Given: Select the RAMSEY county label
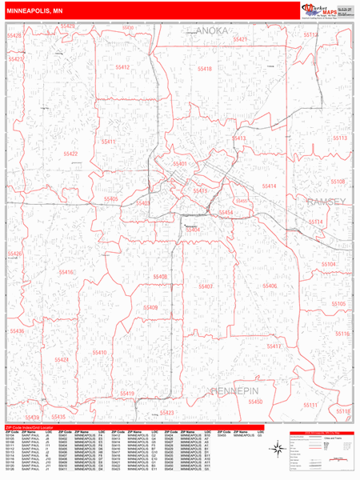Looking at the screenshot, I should click(329, 203).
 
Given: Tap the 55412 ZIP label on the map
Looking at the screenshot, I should click(122, 68).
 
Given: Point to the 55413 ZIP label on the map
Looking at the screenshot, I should click(238, 138).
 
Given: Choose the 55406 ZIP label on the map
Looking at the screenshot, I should click(269, 286).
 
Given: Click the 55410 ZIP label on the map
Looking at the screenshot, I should click(99, 352).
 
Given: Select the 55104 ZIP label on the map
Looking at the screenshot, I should click(329, 263).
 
